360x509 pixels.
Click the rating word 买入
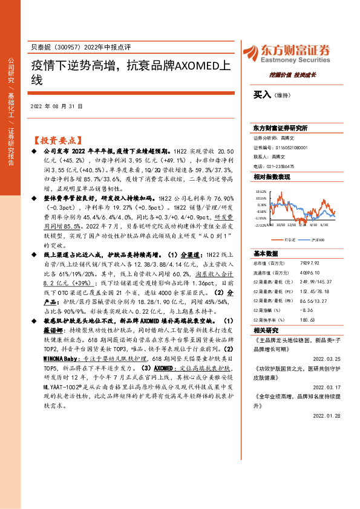pyautogui.click(x=261, y=95)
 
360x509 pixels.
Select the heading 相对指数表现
pyautogui.click(x=272, y=177)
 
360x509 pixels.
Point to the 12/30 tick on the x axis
pyautogui.click(x=291, y=224)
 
